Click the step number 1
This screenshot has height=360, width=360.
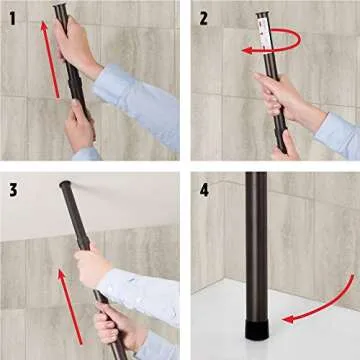tap(13, 19)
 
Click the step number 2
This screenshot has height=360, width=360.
tap(204, 19)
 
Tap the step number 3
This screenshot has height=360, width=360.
tap(13, 190)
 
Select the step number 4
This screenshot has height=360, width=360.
tap(204, 190)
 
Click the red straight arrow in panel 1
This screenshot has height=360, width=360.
tap(50, 60)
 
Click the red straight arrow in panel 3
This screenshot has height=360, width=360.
tap(71, 307)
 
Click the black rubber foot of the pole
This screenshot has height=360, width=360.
tap(256, 329)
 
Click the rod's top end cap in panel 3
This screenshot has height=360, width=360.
tap(65, 184)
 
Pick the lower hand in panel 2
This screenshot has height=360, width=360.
tap(285, 147)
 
